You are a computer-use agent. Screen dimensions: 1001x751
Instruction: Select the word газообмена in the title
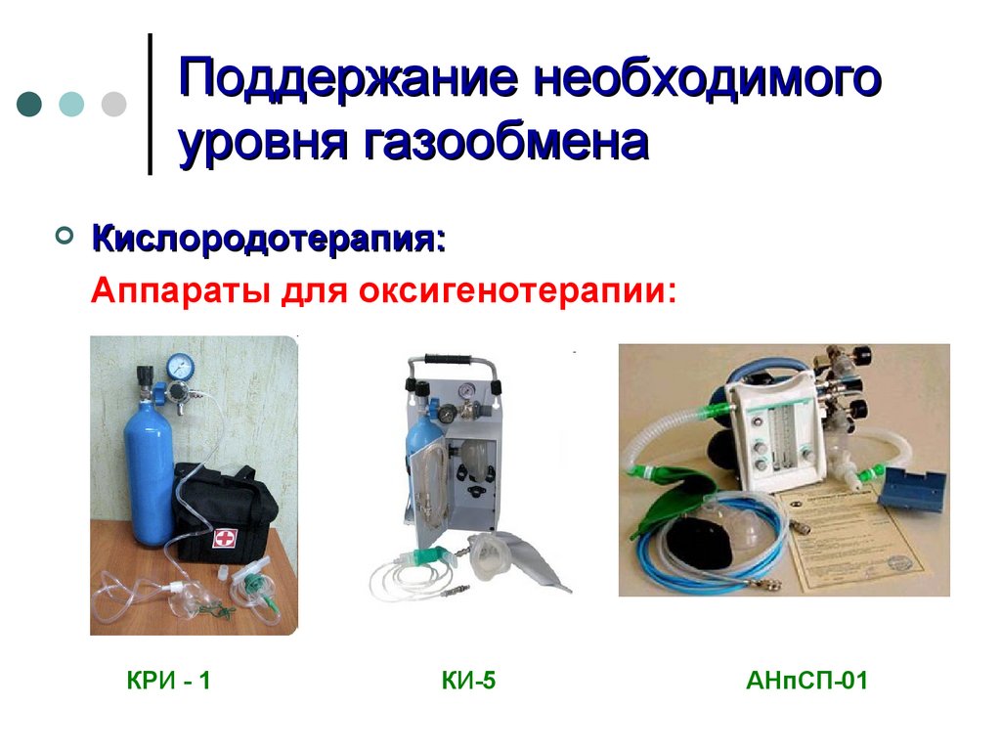[x=507, y=143]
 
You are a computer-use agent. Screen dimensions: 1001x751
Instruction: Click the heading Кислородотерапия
[x=269, y=239]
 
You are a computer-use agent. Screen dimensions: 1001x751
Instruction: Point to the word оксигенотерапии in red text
[x=517, y=290]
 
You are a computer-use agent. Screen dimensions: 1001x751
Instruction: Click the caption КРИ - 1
[x=168, y=681]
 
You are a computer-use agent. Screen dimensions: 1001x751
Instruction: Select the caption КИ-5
[x=468, y=681]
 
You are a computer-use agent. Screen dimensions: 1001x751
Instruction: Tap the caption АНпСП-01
[x=806, y=681]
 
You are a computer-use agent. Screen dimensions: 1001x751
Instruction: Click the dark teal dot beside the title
[x=29, y=104]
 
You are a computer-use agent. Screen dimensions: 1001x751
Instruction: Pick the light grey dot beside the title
[x=113, y=104]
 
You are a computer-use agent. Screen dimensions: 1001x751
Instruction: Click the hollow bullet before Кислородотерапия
[x=65, y=236]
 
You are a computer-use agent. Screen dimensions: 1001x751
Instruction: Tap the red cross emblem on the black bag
[x=224, y=538]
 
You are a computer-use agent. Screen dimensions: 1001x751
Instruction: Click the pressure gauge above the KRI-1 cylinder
[x=180, y=367]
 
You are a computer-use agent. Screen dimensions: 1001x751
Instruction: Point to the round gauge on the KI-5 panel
[x=467, y=389]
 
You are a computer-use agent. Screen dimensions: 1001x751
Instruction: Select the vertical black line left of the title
[x=150, y=104]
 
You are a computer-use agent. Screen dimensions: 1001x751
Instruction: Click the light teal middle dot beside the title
[x=71, y=104]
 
